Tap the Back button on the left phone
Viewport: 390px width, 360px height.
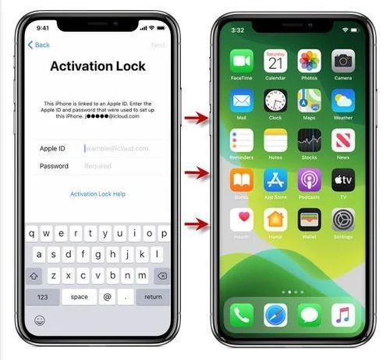click(38, 44)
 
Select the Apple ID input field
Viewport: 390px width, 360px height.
click(117, 147)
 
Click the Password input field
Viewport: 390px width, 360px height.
click(117, 166)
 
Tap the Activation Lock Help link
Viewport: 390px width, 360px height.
click(97, 194)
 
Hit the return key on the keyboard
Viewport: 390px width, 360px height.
click(153, 296)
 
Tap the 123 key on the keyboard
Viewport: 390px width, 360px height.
click(42, 296)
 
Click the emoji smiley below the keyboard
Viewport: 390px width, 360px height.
click(39, 320)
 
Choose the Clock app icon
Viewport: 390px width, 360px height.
click(275, 101)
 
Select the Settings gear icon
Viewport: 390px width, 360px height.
click(343, 220)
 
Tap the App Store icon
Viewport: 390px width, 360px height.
click(275, 180)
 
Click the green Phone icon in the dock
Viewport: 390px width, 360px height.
click(242, 315)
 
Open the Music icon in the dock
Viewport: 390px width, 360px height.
click(343, 315)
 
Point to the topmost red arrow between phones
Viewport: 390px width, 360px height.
click(199, 118)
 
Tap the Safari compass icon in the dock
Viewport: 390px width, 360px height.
click(275, 315)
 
